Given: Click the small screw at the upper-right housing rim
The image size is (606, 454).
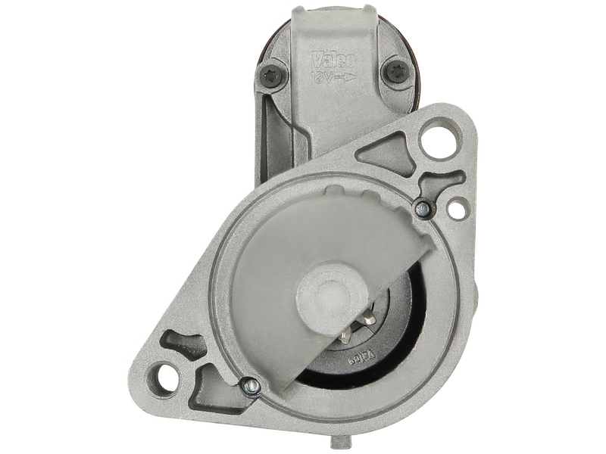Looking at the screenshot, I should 421,206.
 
